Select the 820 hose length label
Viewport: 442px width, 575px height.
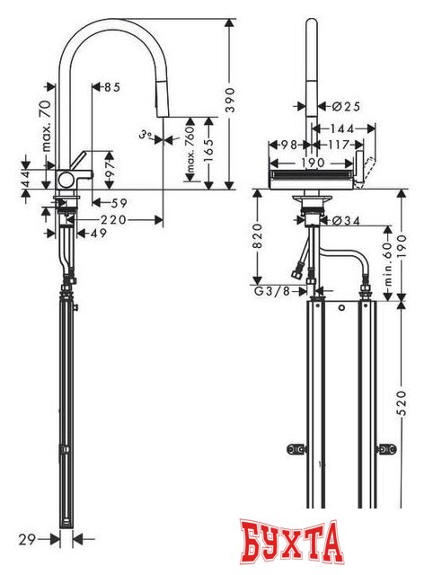tap(257, 235)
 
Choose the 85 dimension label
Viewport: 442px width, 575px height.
tap(112, 88)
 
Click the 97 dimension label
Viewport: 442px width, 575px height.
tap(111, 168)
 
